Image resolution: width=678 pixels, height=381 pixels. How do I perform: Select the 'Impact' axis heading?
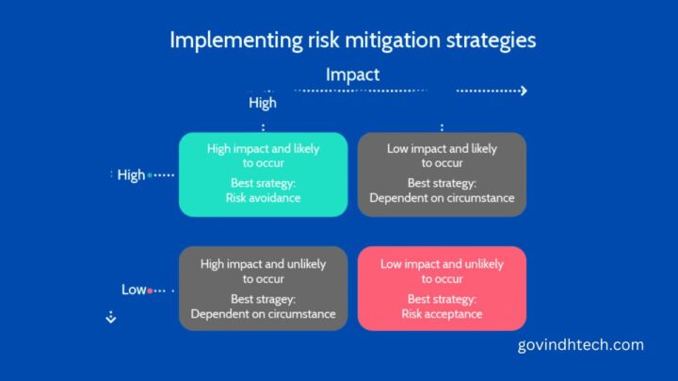click(352, 74)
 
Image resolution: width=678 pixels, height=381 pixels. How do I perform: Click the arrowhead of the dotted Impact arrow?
click(523, 91)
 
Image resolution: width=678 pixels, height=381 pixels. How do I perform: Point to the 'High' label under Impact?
click(263, 102)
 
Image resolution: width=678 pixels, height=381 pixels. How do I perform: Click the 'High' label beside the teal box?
click(131, 174)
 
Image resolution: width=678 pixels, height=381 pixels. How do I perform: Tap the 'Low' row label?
click(134, 290)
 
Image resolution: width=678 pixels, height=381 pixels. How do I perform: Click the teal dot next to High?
click(151, 175)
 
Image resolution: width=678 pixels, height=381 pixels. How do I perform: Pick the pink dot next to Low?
click(151, 290)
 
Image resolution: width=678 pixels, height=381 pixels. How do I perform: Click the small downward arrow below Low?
click(110, 319)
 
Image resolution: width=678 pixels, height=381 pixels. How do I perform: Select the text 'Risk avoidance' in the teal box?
click(263, 198)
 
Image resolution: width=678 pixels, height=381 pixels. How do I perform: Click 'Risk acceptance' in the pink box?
click(442, 313)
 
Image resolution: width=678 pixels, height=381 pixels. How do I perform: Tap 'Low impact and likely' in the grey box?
click(442, 148)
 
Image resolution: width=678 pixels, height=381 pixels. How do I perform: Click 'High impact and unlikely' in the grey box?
click(263, 264)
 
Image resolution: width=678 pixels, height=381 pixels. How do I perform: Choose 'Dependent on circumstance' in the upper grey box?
click(442, 198)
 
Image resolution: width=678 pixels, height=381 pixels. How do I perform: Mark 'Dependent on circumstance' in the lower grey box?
click(263, 313)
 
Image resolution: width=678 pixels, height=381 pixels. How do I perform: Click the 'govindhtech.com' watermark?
click(581, 345)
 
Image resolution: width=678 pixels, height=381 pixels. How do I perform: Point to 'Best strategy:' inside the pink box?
click(442, 298)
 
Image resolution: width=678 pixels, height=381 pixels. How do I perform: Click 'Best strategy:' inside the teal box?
click(263, 183)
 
